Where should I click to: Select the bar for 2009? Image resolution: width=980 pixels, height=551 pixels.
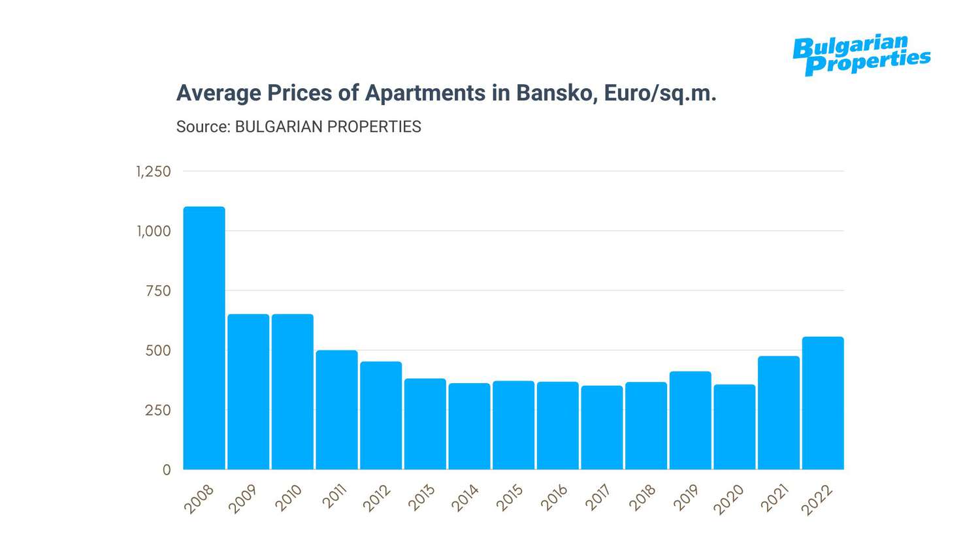[x=248, y=392]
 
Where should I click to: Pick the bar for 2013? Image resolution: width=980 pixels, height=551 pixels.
[x=425, y=424]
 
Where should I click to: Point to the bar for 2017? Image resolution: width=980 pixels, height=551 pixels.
[x=602, y=428]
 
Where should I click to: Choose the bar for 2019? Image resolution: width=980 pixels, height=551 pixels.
[x=691, y=420]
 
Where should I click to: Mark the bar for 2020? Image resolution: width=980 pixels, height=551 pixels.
[x=734, y=427]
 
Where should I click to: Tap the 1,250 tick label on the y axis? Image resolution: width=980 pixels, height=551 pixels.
[x=154, y=172]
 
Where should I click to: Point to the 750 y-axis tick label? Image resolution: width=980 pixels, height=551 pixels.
[x=158, y=291]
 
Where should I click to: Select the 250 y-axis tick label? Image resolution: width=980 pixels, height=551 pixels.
[x=158, y=411]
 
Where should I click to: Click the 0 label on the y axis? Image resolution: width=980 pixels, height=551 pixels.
[x=167, y=470]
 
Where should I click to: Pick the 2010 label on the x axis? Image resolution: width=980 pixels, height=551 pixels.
[x=288, y=498]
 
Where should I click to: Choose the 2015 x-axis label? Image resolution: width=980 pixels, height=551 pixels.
[x=510, y=498]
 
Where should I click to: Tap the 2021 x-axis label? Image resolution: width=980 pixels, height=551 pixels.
[x=775, y=498]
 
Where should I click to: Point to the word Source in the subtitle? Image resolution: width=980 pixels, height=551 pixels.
[x=203, y=127]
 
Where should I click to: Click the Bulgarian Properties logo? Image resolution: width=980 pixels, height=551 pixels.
[x=861, y=55]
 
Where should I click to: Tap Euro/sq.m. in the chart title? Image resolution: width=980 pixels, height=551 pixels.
[x=660, y=93]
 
